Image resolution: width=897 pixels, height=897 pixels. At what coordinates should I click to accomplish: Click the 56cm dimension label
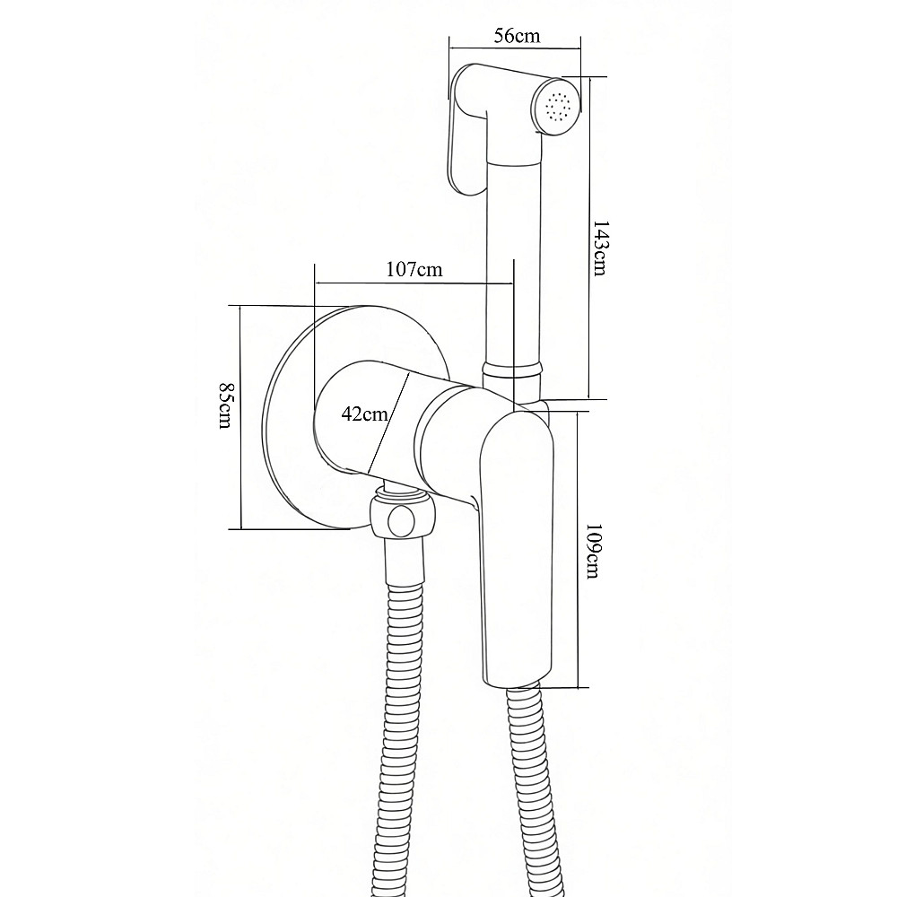point(517,36)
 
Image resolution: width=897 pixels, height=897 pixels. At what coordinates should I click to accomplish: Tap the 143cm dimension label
point(599,248)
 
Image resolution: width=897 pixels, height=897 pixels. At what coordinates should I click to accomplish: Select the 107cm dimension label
point(414,269)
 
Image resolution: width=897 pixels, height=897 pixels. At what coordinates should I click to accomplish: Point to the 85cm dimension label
point(226,405)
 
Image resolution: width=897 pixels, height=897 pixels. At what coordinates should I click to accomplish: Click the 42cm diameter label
point(364,413)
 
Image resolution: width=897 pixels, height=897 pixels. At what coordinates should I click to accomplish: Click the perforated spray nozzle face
point(558,107)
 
